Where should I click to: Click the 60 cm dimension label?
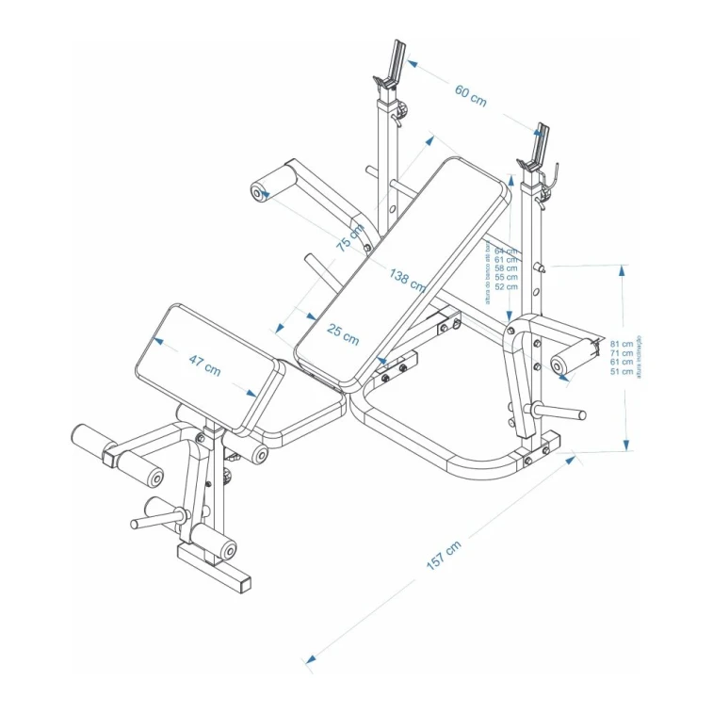point(470,94)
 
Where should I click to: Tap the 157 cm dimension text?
point(444,556)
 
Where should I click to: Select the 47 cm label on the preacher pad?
point(204,365)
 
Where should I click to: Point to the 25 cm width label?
point(343,332)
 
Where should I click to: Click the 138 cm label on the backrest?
point(406,279)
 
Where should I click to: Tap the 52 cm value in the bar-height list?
point(506,286)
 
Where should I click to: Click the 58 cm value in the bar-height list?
point(506,268)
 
